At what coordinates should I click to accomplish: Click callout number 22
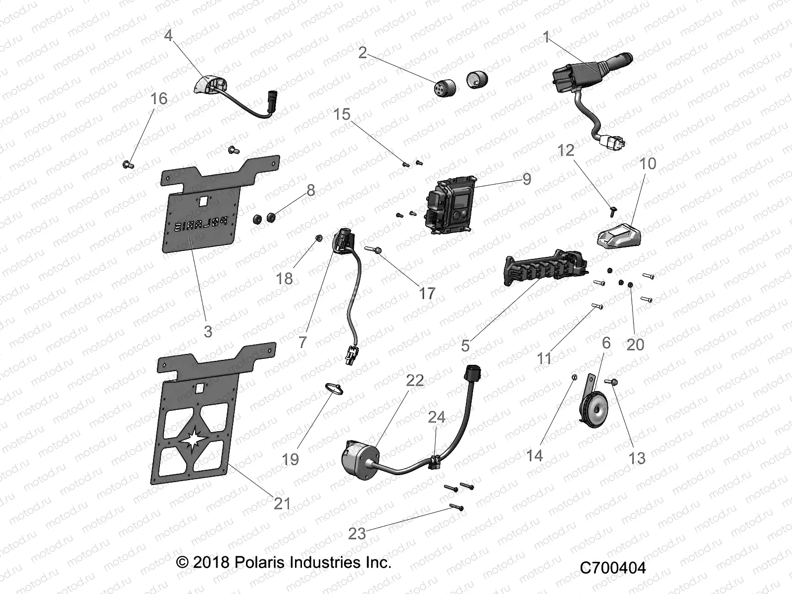(415, 380)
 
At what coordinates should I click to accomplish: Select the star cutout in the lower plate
(197, 439)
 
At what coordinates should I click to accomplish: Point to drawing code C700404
(612, 567)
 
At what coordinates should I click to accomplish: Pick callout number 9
(526, 178)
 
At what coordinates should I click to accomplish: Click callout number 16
(159, 99)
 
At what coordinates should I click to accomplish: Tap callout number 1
(546, 37)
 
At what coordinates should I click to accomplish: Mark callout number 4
(168, 36)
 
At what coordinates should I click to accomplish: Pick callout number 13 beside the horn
(637, 458)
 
